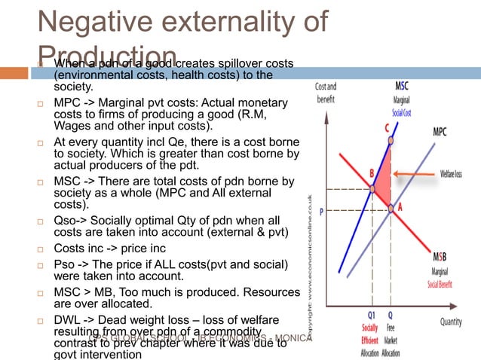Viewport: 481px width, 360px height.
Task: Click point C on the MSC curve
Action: coord(390,140)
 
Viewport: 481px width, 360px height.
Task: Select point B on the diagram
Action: coord(372,188)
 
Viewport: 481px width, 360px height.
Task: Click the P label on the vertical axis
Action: coord(322,212)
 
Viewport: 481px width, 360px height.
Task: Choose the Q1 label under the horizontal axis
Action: coord(372,317)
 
